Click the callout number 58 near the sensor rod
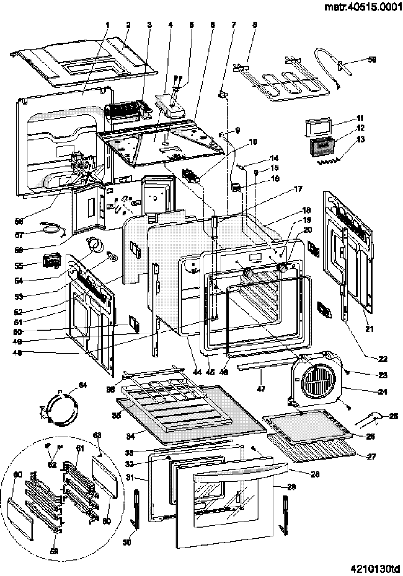tap(371, 59)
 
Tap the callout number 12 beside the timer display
tap(361, 128)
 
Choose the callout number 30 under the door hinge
tap(127, 542)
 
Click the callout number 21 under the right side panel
tap(369, 329)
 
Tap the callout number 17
tap(298, 189)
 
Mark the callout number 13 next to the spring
tap(361, 139)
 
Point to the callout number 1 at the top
tap(107, 25)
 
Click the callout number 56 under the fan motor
tap(19, 221)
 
